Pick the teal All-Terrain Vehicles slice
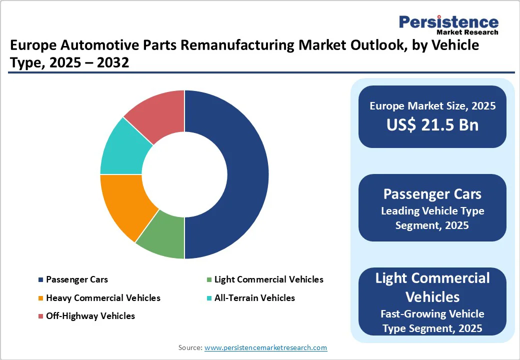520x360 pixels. click(122, 147)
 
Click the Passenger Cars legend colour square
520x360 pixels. click(40, 280)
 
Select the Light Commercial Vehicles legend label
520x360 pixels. click(268, 279)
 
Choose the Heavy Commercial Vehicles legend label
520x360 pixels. click(103, 298)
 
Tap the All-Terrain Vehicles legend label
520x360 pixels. click(254, 298)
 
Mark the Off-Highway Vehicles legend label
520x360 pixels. click(90, 316)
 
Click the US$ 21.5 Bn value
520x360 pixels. click(432, 125)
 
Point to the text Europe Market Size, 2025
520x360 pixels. click(432, 106)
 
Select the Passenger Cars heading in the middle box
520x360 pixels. click(432, 194)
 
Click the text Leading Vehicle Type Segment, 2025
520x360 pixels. click(432, 218)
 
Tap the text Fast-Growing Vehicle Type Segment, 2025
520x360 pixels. click(432, 321)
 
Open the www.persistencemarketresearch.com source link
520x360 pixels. click(265, 347)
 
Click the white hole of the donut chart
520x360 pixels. click(184, 174)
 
